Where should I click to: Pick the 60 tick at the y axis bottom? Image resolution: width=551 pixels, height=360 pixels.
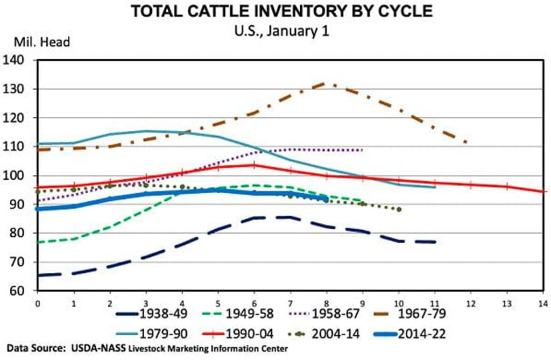point(18,291)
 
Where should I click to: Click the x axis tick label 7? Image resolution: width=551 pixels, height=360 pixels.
point(291,303)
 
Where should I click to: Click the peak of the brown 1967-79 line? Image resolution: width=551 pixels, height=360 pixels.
point(324,83)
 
